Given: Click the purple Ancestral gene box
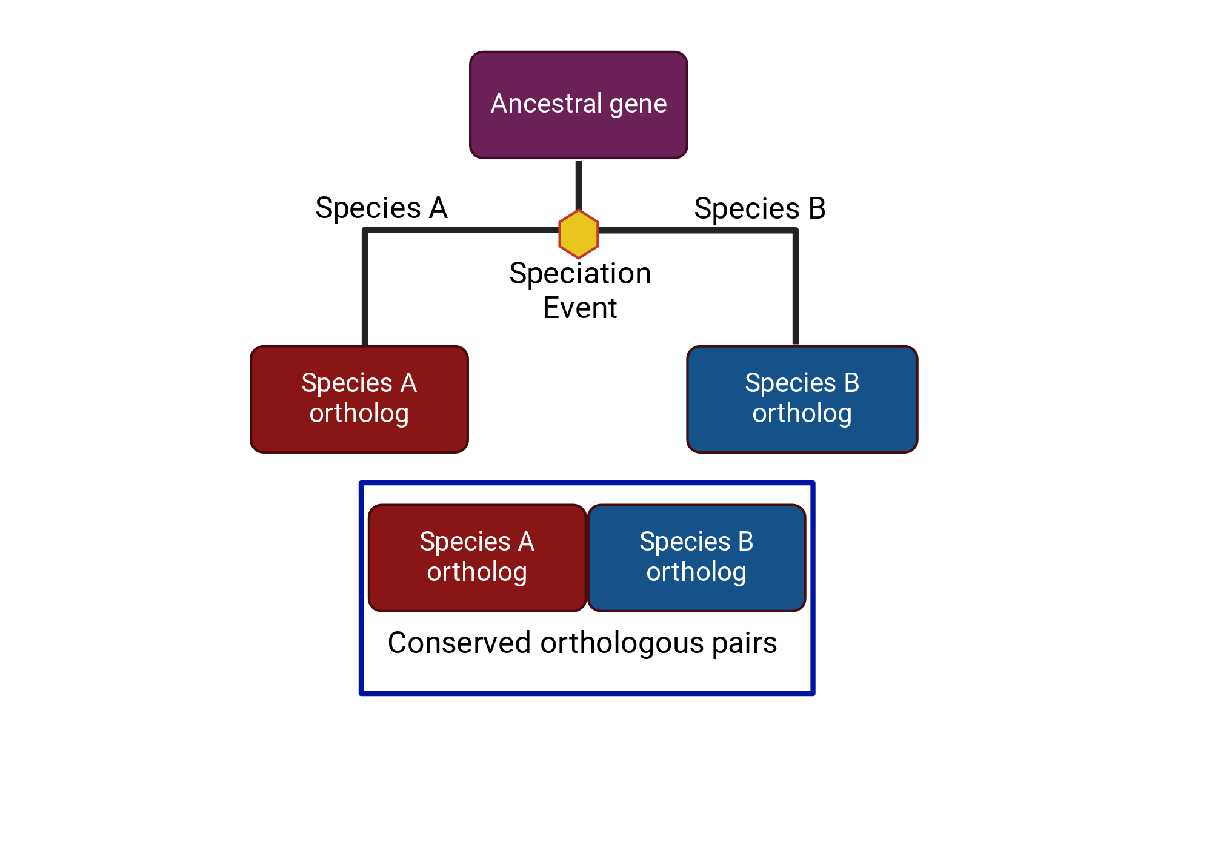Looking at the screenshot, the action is coord(579,105).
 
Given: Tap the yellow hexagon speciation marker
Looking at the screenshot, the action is coord(579,234).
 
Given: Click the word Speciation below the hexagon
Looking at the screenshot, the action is coord(580,274).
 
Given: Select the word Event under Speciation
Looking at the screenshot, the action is coord(580,308).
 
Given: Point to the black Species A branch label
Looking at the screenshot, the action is coord(381,208).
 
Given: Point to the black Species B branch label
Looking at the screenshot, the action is coord(760,209).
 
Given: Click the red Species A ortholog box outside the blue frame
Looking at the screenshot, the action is coord(359,399).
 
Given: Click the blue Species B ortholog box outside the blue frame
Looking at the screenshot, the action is coord(802,399).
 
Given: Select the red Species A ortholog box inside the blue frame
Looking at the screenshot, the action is coord(478,558).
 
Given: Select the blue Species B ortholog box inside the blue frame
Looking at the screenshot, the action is coord(697,558).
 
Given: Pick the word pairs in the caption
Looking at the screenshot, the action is coord(745,644).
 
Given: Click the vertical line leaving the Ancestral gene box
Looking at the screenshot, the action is coord(579,185).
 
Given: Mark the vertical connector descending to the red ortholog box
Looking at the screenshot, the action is coord(365,288).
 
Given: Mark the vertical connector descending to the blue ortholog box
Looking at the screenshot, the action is coord(795,287).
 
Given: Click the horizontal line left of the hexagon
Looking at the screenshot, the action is coord(461,230).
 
